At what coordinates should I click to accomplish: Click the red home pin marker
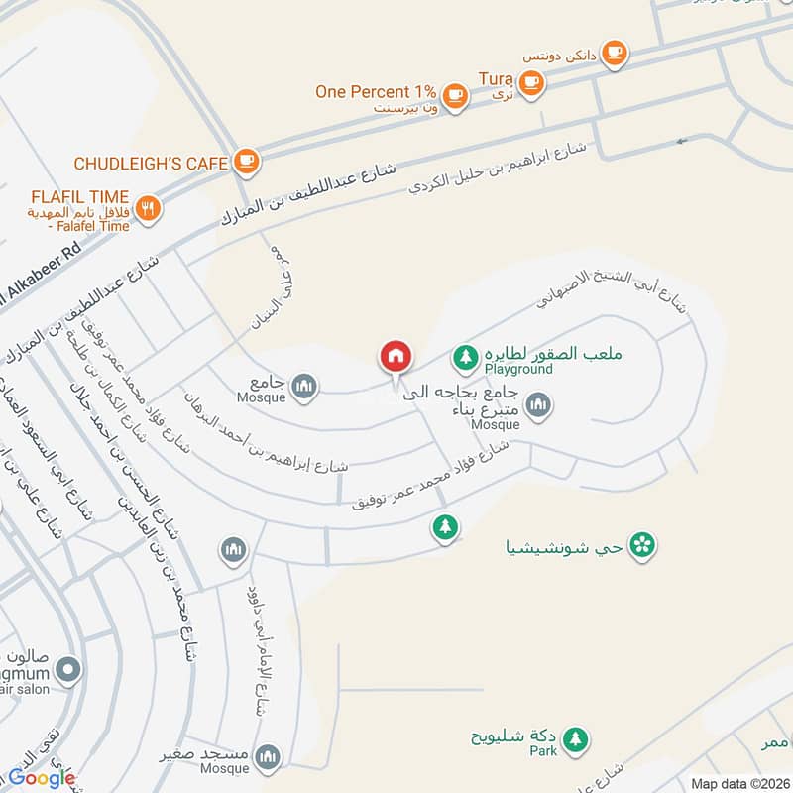pyautogui.click(x=396, y=356)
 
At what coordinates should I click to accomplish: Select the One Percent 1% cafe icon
pyautogui.click(x=454, y=94)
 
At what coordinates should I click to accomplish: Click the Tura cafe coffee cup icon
pyautogui.click(x=531, y=83)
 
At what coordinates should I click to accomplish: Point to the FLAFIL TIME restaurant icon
pyautogui.click(x=149, y=207)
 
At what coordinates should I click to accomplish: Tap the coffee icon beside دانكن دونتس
pyautogui.click(x=614, y=52)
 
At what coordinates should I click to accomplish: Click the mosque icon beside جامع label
pyautogui.click(x=304, y=385)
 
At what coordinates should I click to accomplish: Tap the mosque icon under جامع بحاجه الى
pyautogui.click(x=537, y=403)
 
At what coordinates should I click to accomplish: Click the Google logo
pyautogui.click(x=43, y=778)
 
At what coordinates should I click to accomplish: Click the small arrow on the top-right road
pyautogui.click(x=681, y=141)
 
